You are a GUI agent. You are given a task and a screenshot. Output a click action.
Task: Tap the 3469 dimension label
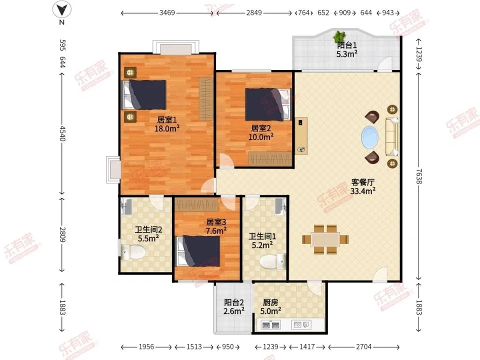[167, 13]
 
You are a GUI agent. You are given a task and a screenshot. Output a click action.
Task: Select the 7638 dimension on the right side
[418, 176]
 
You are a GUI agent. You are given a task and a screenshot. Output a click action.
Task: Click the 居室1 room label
[167, 119]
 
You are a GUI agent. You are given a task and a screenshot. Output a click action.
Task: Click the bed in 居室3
[198, 251]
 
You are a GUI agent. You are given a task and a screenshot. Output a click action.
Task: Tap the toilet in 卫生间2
[133, 252]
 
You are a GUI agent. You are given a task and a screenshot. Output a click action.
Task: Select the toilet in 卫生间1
[273, 261]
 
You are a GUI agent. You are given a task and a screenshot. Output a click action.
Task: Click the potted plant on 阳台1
[338, 36]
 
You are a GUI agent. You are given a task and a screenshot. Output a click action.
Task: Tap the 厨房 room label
[270, 302]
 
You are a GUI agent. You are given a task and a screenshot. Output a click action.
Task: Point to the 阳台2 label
[234, 302]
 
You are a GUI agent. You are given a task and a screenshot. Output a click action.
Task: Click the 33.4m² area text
[363, 191]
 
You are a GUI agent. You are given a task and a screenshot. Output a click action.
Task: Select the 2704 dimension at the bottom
[363, 347]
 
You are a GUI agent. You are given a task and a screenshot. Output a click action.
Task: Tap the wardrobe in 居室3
[196, 204]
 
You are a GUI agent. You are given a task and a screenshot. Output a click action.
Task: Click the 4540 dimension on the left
[62, 133]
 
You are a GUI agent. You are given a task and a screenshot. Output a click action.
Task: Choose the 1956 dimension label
[146, 347]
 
